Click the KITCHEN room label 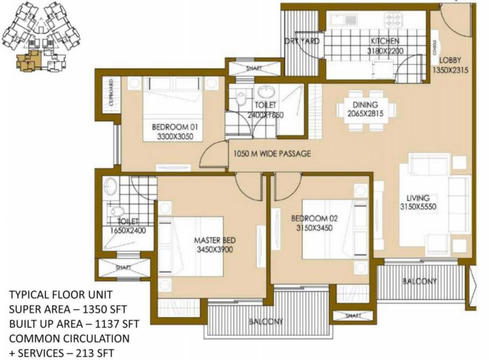pos(384,41)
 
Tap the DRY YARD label pos(302,41)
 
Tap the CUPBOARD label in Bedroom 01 pos(111,95)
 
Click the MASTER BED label pos(215,240)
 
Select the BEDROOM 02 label pos(314,218)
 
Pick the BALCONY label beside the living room pos(420,281)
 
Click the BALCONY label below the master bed pos(266,322)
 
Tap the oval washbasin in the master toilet pos(111,187)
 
